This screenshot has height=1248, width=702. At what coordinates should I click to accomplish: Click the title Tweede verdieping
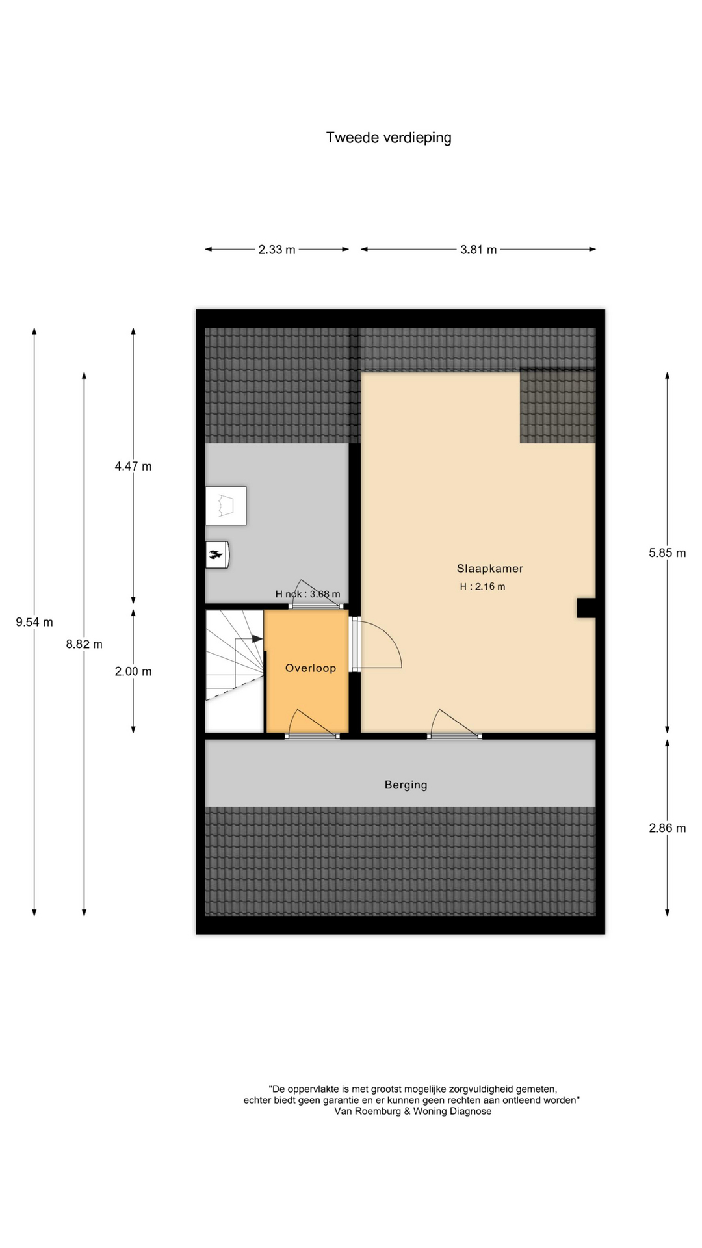point(389,138)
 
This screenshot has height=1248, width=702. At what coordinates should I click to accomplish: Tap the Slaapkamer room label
point(490,569)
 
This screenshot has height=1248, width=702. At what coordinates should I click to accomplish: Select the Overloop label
point(311,668)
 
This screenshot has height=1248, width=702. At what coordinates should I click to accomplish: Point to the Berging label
point(406,785)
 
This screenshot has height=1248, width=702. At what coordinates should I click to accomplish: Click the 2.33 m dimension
point(277,250)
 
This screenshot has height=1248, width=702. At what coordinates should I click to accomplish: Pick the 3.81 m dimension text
point(478,250)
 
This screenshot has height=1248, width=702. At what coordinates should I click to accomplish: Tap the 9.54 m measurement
point(34,622)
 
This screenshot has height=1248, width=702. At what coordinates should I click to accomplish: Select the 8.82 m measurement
point(84,644)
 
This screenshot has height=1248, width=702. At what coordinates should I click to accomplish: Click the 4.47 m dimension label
point(133,466)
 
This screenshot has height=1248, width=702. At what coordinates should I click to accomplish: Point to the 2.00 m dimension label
point(133,671)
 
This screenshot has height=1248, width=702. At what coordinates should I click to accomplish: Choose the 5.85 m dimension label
point(668,553)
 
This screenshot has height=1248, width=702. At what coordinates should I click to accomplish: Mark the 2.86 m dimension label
point(668,828)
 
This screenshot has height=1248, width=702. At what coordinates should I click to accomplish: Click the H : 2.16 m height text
point(482,586)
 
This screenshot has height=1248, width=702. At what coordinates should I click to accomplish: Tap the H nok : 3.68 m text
point(307,594)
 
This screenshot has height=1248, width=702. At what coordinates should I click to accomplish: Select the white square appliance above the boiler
point(226,506)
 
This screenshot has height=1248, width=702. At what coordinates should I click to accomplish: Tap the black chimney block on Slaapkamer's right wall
point(586,608)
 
